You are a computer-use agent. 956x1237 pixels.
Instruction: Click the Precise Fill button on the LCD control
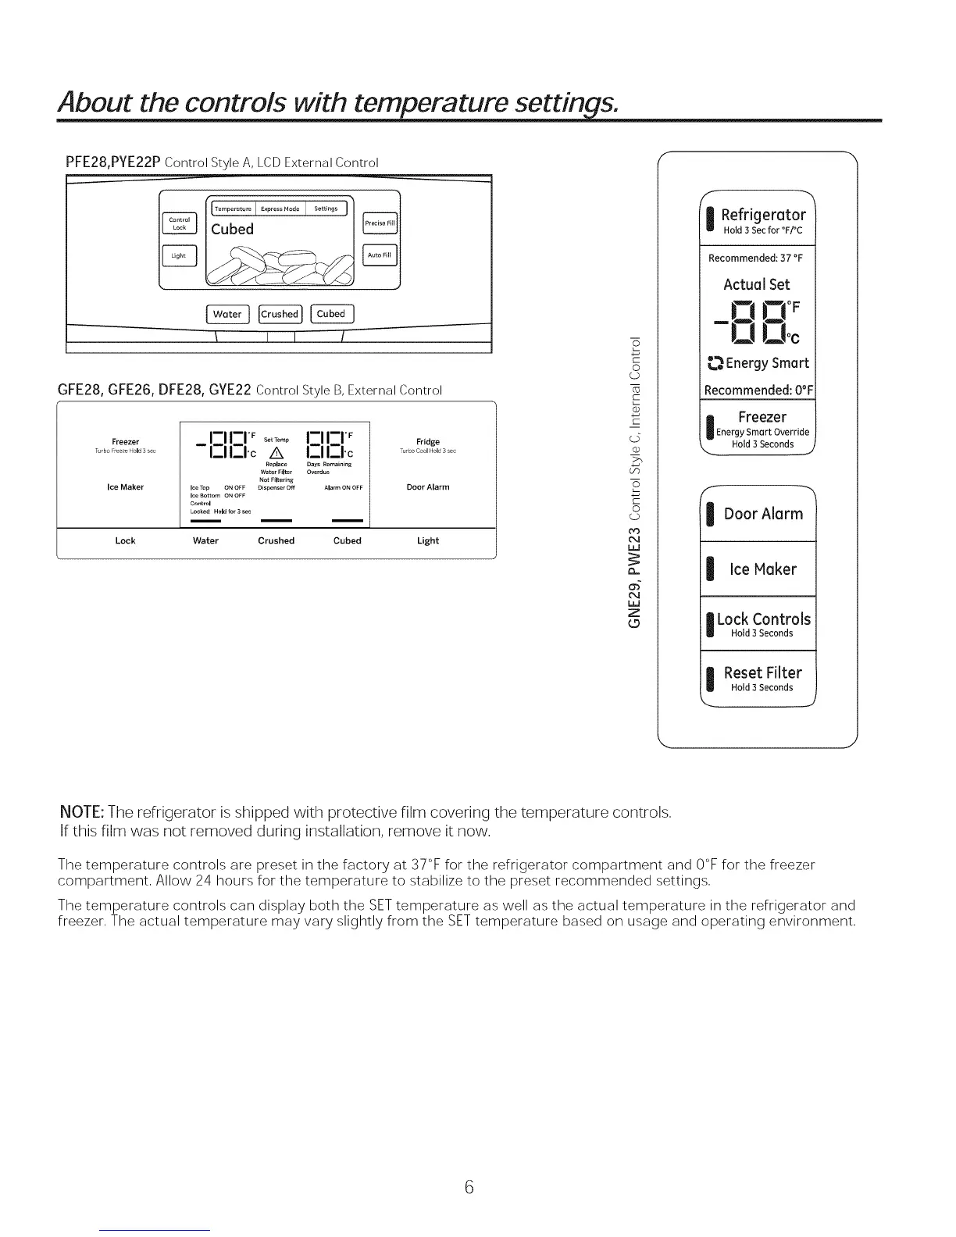point(380,223)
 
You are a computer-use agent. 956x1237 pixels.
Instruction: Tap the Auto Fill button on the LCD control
point(380,255)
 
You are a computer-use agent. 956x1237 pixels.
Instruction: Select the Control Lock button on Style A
point(180,223)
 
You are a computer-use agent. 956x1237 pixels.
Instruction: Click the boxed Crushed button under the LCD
point(280,314)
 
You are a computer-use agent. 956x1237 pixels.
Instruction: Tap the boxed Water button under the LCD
point(227,314)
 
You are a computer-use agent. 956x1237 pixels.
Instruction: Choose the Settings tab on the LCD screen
point(326,209)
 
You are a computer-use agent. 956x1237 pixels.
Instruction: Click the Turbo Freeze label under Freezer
point(125,451)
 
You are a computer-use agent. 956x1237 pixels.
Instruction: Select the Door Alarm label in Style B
point(428,487)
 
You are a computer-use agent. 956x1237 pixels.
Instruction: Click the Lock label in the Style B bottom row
point(125,540)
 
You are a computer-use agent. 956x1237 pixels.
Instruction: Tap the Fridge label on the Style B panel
point(428,442)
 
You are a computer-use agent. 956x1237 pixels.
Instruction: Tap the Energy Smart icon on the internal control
point(712,363)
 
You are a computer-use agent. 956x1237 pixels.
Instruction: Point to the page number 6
point(469,1188)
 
